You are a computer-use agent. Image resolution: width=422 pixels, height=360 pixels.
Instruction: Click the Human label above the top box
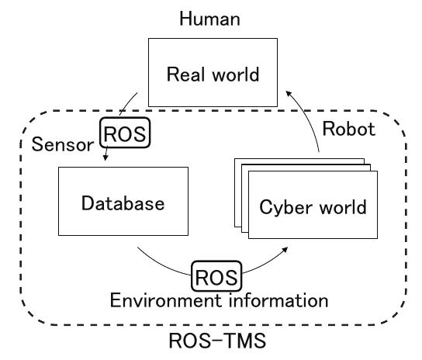tap(210, 19)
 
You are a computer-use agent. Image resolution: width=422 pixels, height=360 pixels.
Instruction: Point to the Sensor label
tap(63, 144)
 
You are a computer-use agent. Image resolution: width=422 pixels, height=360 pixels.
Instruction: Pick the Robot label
tap(349, 129)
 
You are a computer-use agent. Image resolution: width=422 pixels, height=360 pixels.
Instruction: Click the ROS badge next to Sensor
tap(125, 133)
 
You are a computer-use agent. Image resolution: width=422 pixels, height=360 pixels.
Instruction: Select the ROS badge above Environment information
tap(216, 276)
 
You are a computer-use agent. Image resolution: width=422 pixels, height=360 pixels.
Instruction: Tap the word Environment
tap(166, 300)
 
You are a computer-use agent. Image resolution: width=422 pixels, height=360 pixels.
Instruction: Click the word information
tap(278, 300)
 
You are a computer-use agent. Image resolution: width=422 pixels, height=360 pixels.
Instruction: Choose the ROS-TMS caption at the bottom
tap(217, 341)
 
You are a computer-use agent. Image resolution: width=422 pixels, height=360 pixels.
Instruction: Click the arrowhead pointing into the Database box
tap(105, 157)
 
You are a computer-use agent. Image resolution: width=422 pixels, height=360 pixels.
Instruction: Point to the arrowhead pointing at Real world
tap(289, 94)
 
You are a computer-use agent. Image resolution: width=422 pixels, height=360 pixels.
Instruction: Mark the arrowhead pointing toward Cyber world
tap(285, 249)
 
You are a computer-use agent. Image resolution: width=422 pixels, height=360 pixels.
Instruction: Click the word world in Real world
tap(236, 74)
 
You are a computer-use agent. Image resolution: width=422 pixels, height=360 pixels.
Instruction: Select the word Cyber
tap(286, 207)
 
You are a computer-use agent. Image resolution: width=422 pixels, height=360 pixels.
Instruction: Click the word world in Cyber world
tap(343, 207)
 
